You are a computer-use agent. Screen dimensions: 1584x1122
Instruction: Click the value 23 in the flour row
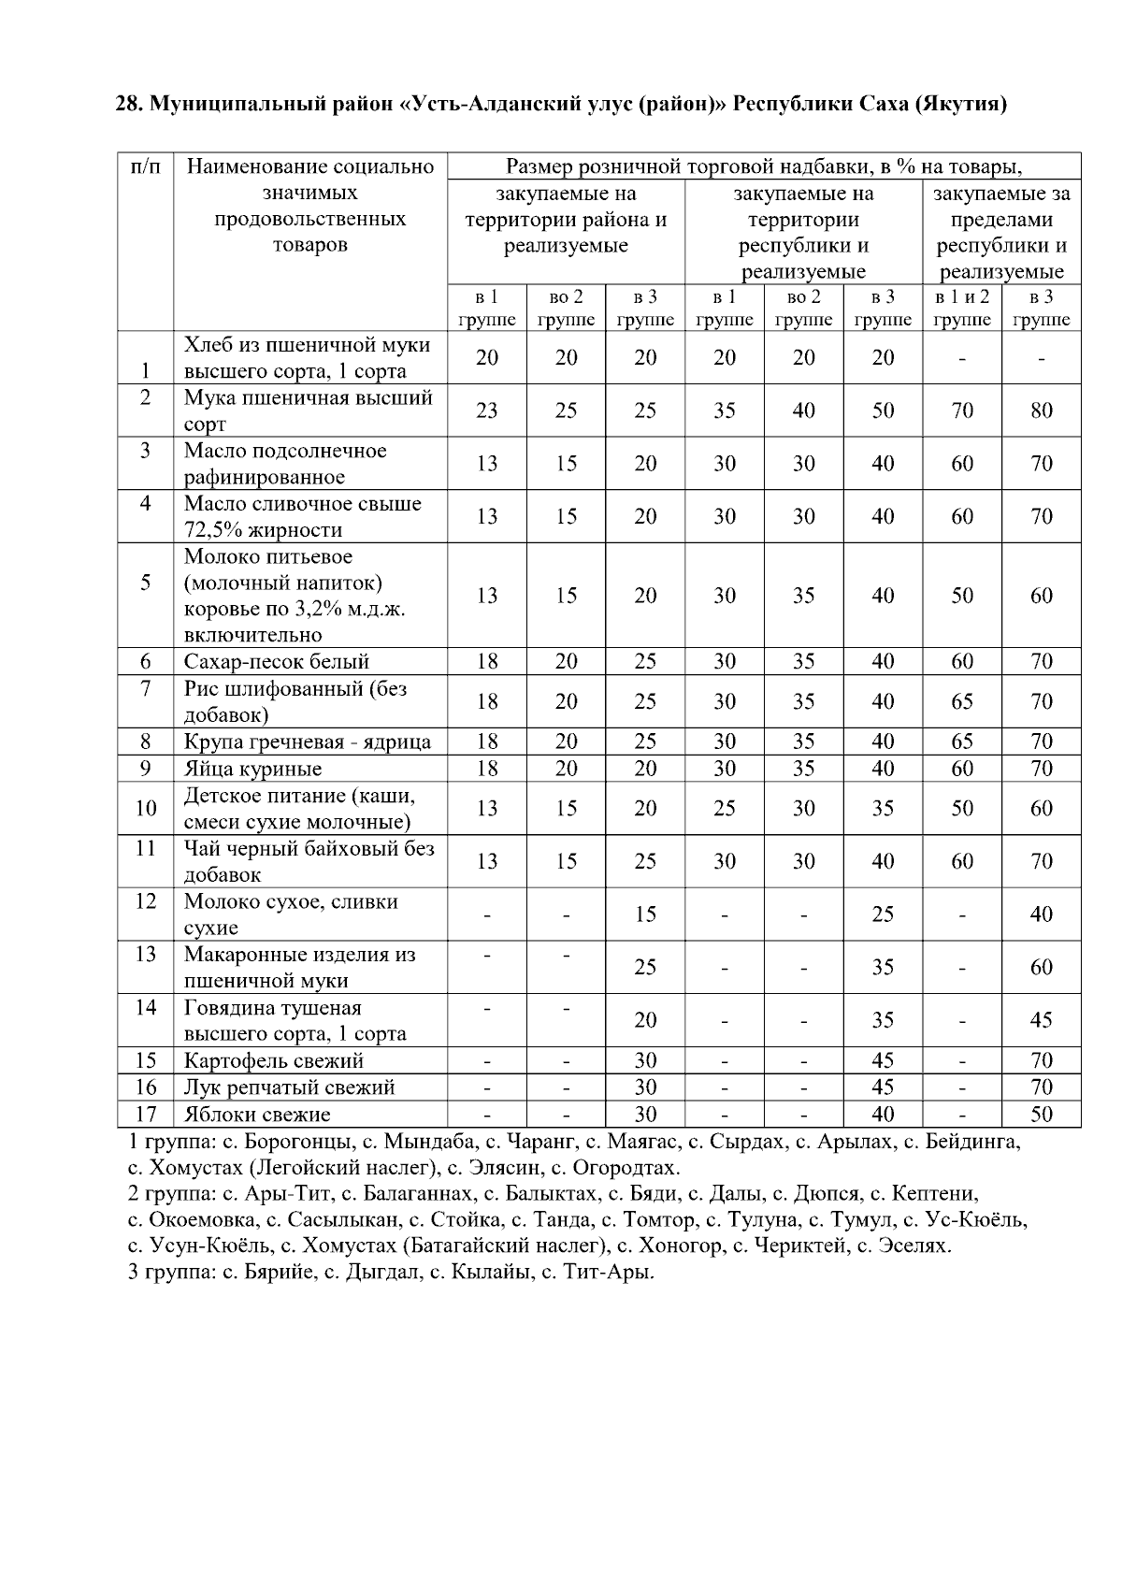(486, 410)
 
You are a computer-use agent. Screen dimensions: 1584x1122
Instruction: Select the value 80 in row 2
(1041, 410)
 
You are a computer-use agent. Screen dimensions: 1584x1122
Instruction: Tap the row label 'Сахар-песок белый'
(277, 662)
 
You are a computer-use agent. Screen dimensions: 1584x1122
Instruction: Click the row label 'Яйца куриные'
(252, 769)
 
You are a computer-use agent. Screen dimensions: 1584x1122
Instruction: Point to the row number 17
(146, 1115)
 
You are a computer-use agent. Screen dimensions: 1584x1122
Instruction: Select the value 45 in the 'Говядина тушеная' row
(1041, 1020)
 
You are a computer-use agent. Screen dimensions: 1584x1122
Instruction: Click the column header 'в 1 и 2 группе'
(962, 309)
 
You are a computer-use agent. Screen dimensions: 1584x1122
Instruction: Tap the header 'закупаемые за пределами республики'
(1001, 233)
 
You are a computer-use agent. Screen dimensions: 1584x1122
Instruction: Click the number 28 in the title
(127, 104)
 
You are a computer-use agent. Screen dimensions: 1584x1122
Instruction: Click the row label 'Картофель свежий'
(273, 1061)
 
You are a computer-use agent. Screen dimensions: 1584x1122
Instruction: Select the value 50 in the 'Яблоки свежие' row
(1041, 1115)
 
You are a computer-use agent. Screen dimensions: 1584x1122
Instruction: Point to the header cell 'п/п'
(146, 167)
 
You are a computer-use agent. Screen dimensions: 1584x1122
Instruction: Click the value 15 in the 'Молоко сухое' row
(645, 914)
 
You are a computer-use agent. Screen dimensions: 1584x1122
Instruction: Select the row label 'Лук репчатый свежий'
(289, 1087)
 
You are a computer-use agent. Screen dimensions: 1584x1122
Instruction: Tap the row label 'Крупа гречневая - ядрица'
(307, 742)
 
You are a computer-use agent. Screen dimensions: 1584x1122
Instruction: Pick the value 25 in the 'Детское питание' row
(725, 809)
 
